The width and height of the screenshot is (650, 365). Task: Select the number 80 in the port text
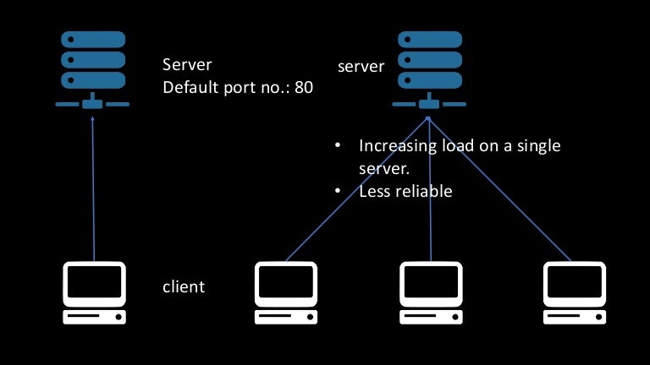304,87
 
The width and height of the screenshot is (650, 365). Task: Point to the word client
184,286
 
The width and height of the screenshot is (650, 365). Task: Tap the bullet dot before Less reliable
338,192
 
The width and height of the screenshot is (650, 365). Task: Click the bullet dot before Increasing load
338,146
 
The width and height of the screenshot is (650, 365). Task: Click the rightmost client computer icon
573,292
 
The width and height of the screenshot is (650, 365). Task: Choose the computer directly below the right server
430,292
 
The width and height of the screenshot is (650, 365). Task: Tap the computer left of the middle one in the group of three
285,292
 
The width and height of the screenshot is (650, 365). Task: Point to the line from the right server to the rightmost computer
508,190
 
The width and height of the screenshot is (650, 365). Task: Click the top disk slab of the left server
92,40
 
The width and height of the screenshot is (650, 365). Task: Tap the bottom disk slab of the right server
429,80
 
